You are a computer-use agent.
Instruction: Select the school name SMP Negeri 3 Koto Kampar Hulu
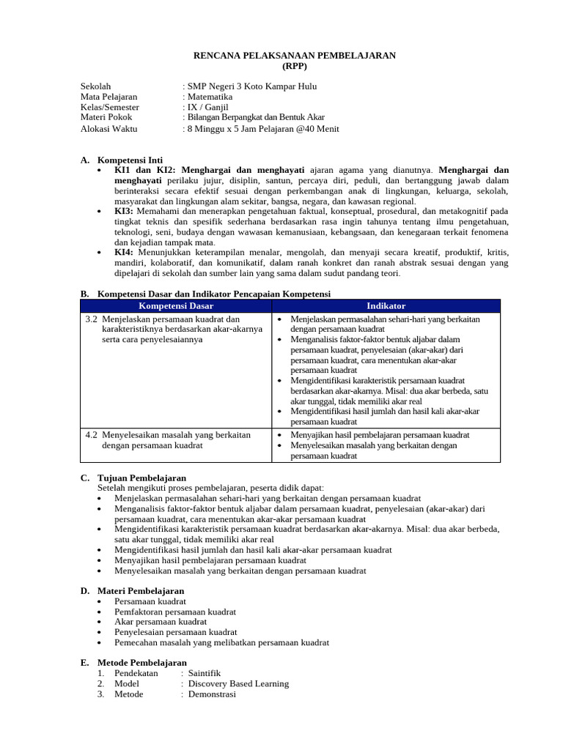click(252, 86)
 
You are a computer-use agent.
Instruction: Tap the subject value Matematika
click(210, 97)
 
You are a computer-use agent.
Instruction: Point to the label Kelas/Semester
click(110, 107)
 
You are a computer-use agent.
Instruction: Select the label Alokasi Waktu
click(108, 129)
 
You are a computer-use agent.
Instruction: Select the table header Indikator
click(386, 306)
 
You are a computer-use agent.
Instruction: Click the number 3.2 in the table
click(92, 319)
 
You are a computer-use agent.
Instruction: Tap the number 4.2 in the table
click(92, 435)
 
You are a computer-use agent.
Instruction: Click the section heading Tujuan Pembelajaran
click(141, 478)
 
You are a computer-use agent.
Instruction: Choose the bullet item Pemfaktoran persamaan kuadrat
click(176, 612)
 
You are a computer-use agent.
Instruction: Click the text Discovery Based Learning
click(238, 683)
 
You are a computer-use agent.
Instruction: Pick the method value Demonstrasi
click(212, 694)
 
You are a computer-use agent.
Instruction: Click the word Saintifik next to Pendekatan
click(205, 673)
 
